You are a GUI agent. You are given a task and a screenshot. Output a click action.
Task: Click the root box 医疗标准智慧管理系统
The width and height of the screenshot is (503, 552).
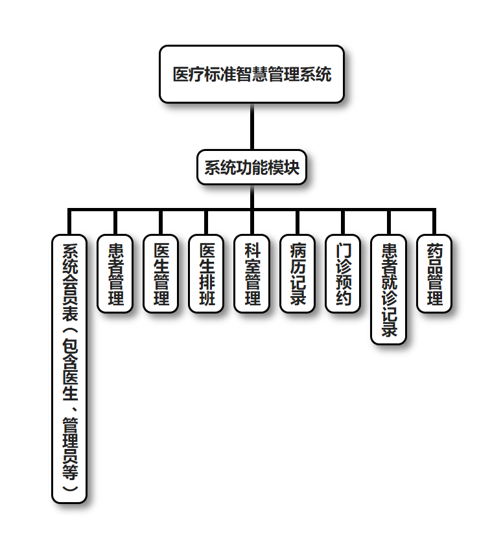coord(251,74)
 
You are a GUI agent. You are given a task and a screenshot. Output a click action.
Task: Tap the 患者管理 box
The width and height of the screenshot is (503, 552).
coord(115,273)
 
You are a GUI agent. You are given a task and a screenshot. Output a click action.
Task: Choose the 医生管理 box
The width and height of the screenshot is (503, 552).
coord(161,273)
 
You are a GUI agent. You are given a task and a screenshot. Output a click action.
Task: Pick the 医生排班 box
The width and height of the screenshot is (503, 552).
coord(206,273)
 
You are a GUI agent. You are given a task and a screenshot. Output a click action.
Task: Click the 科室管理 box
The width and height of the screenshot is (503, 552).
coord(252,273)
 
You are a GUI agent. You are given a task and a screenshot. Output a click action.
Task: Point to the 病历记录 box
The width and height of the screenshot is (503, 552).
coord(298,273)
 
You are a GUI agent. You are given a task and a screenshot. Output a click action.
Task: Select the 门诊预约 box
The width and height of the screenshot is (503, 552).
coord(343,273)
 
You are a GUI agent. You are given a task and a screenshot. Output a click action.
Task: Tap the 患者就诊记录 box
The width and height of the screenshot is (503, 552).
coord(389,289)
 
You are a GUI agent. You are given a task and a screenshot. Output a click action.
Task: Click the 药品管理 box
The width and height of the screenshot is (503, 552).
coord(434,273)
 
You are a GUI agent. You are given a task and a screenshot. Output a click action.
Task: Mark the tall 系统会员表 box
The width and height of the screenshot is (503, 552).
coord(69,368)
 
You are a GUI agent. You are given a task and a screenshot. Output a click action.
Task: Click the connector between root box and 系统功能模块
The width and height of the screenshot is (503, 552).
coord(251,127)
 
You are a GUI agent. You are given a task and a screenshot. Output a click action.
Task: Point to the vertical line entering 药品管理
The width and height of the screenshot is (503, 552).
coord(434,222)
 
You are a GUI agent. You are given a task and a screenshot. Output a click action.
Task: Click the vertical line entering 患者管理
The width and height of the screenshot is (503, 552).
coord(115,222)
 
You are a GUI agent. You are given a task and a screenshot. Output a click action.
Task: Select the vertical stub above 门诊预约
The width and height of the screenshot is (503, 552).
coord(343,222)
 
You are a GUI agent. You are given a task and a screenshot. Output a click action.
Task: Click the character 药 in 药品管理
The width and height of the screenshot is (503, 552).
coord(434,251)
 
